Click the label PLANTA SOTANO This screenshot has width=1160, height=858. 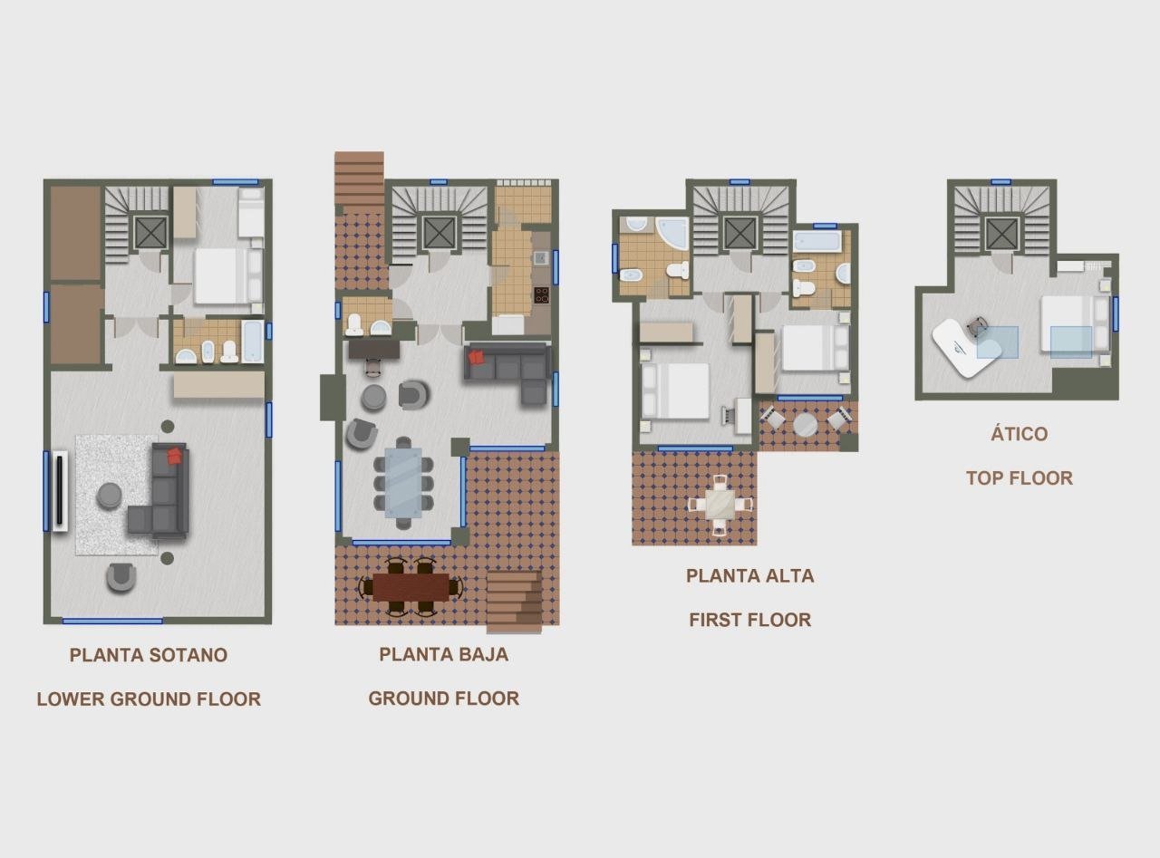coord(149,655)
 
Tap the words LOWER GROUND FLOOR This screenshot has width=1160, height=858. coord(149,699)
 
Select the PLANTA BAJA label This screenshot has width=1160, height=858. coord(443,655)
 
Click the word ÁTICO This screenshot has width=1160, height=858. coord(1019,433)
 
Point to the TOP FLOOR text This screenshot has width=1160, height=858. coord(1019,477)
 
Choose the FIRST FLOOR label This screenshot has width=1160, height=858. coord(750,620)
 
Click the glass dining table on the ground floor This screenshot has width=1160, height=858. coord(403,483)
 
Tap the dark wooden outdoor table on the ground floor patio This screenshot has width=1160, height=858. coord(411,586)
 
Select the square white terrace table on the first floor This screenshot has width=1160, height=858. coord(720,505)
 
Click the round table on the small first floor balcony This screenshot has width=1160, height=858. coord(805,425)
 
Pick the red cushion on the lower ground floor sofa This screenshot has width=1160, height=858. coord(175,456)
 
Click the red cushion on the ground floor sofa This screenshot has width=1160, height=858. coord(477,357)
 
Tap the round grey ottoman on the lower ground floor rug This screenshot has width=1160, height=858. coord(110,496)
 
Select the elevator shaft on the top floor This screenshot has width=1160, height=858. coord(1002,233)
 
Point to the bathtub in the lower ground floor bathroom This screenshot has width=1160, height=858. coord(252,342)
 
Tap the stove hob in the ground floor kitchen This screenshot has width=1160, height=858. coord(541,294)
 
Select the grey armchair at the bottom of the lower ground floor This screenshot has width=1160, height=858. coord(121,577)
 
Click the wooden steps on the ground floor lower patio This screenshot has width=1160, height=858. coord(514,602)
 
